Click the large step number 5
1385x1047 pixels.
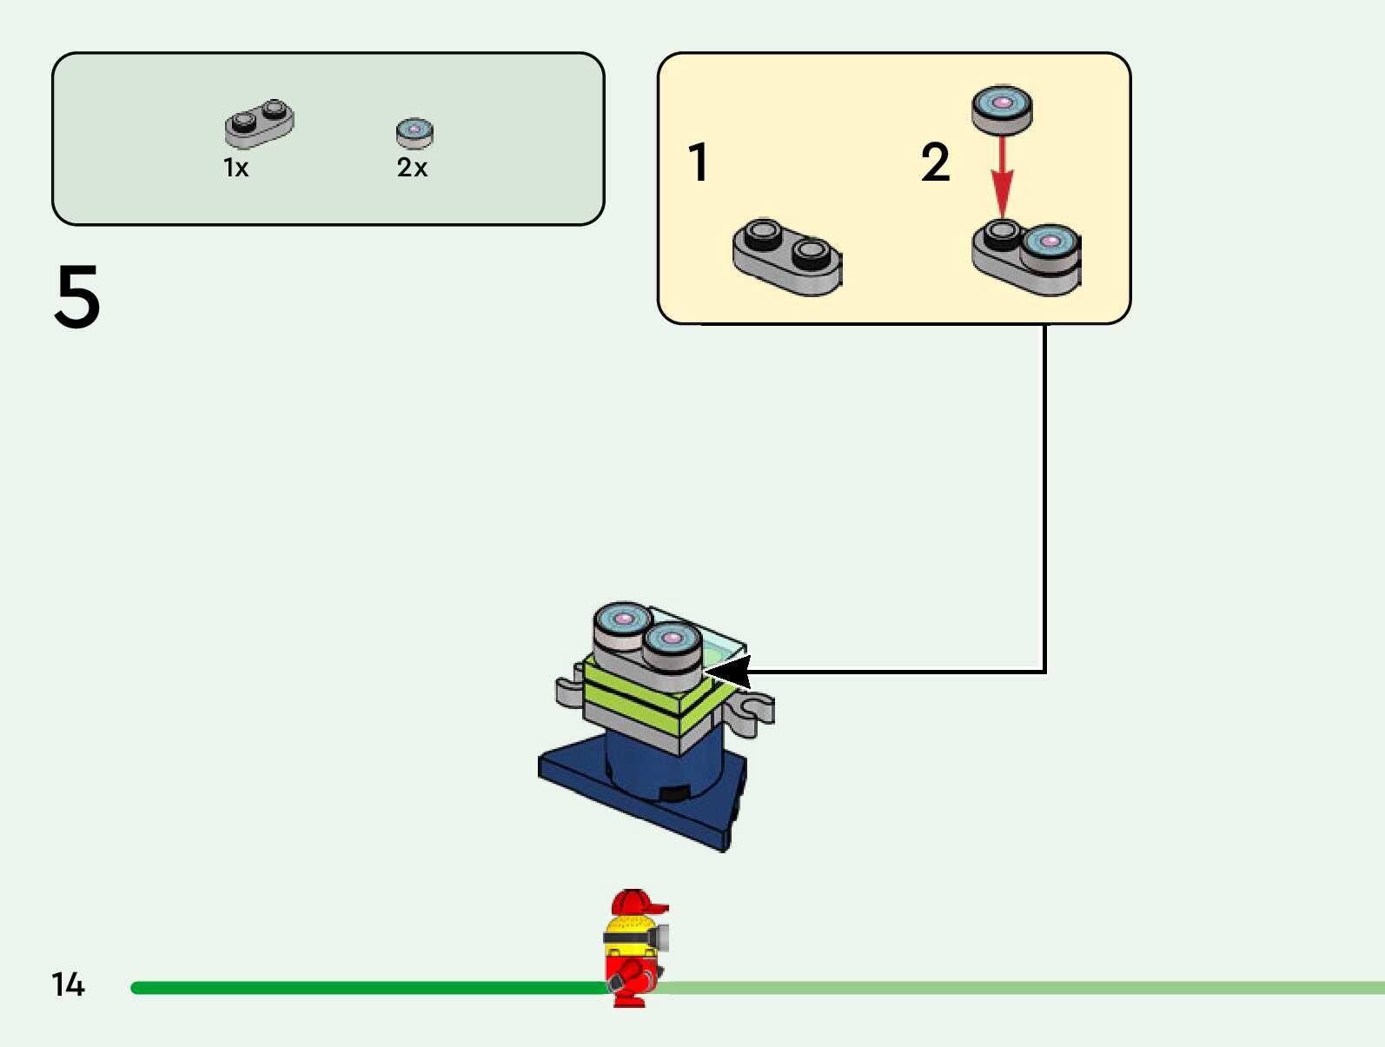coord(77,296)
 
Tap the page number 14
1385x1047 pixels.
coord(68,984)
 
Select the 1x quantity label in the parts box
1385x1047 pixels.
coord(235,168)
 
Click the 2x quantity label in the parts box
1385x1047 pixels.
coord(412,168)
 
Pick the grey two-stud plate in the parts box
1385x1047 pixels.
coord(259,124)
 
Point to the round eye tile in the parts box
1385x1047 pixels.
coord(414,133)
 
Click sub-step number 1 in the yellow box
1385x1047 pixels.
coord(698,162)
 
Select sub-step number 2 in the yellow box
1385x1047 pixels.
coord(935,162)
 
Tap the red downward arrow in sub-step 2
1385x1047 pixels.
coord(1003,178)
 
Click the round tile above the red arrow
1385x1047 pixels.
coord(1002,108)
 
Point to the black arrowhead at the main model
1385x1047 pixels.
coord(730,672)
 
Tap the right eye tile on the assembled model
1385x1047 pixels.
coord(672,641)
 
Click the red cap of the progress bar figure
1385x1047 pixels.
coord(638,903)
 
